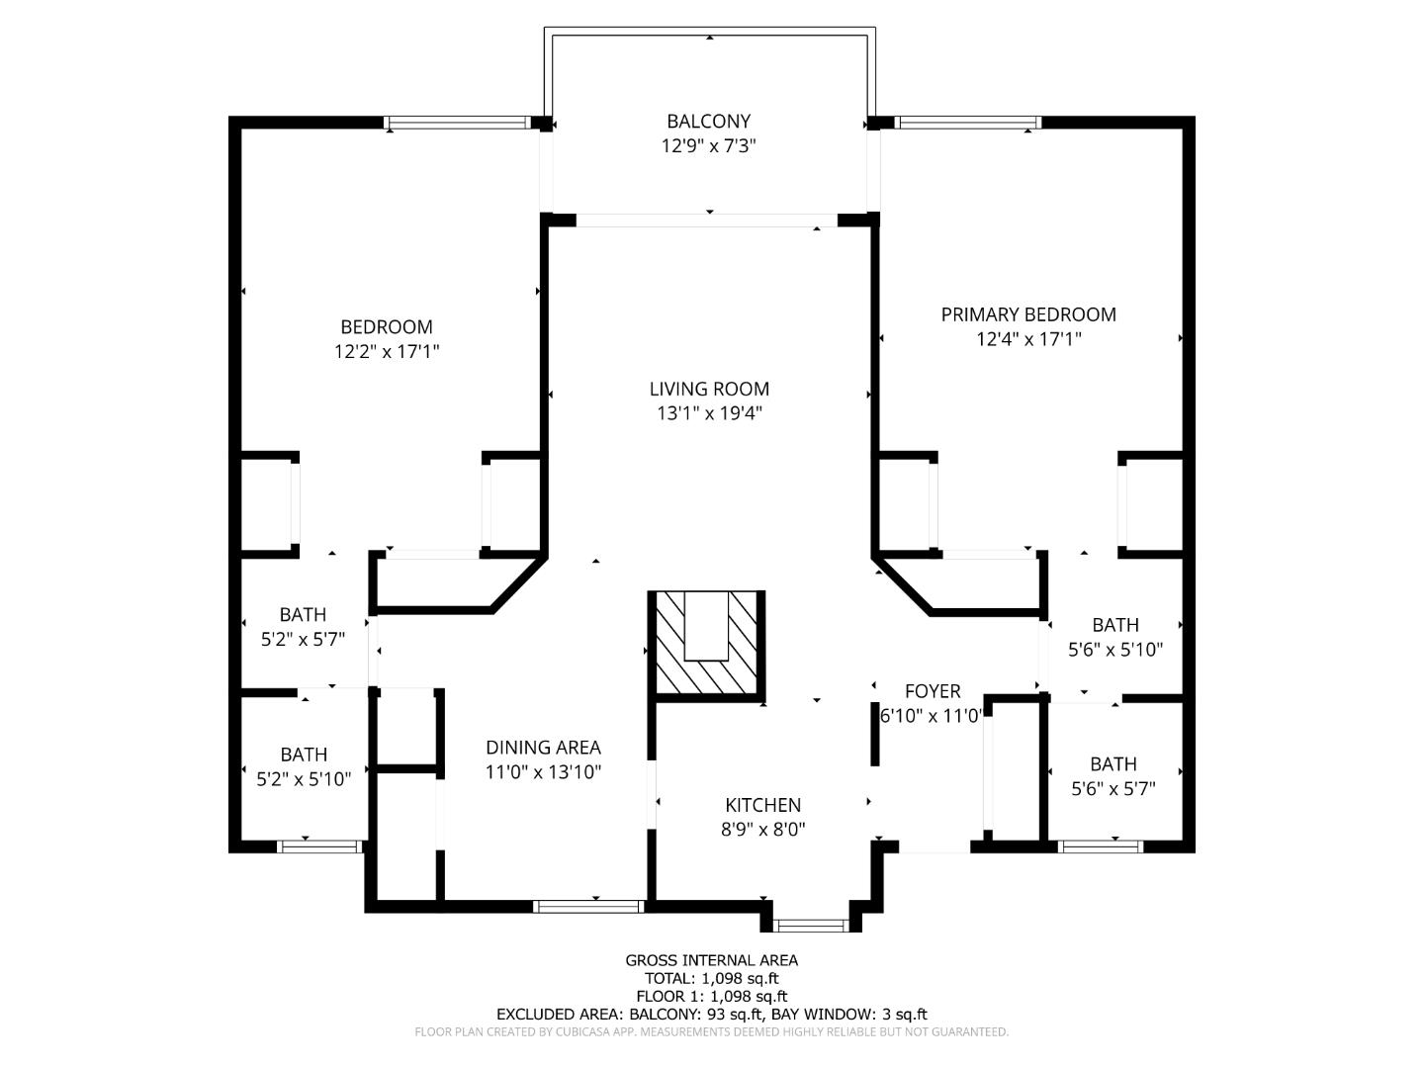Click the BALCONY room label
708,122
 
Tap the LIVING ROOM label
709,389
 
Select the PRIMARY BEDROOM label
1028,314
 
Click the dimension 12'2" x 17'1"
387,351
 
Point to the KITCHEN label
762,805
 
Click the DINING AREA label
543,748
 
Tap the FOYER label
933,691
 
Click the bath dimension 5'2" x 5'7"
303,640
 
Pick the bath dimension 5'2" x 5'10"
304,779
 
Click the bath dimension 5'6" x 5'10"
1115,650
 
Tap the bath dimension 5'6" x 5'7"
1113,789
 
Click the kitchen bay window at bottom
811,926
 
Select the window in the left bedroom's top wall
457,124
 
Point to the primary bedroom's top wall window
967,124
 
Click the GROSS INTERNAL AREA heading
711,960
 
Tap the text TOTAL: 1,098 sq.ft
711,978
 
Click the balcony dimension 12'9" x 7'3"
708,146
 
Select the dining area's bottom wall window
588,906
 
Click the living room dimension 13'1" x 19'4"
709,413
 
